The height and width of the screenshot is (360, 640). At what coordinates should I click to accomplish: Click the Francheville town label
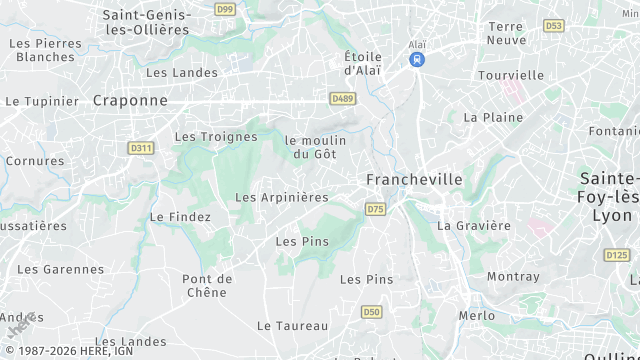(414, 179)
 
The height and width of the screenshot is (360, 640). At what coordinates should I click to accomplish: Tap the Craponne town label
(130, 100)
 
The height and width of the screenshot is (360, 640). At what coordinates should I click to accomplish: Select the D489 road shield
(343, 98)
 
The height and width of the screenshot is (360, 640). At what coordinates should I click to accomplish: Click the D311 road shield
(141, 148)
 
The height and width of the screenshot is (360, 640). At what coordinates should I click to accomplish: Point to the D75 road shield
(375, 209)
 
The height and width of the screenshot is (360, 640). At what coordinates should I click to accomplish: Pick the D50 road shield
(372, 312)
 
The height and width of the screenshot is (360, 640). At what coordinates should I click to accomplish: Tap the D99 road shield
(225, 9)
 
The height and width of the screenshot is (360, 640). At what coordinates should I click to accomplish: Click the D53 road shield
(553, 25)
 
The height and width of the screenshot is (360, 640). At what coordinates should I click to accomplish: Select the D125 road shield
(617, 256)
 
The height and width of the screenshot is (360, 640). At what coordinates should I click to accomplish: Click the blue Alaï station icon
(417, 60)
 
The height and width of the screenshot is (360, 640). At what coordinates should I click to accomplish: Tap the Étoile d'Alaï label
(363, 63)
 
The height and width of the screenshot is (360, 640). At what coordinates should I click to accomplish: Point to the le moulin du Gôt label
(315, 147)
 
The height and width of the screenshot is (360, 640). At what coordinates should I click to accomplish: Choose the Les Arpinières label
(281, 198)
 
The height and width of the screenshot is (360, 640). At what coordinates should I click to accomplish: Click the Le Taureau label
(292, 326)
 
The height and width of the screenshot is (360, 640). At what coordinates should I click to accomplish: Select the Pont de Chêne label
(207, 285)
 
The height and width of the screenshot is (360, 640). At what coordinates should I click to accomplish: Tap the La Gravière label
(474, 226)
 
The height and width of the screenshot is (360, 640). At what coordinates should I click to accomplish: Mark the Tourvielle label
(510, 75)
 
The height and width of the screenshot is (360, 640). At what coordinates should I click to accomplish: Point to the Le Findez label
(180, 217)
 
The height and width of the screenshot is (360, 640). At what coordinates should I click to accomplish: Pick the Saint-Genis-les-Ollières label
(146, 22)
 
